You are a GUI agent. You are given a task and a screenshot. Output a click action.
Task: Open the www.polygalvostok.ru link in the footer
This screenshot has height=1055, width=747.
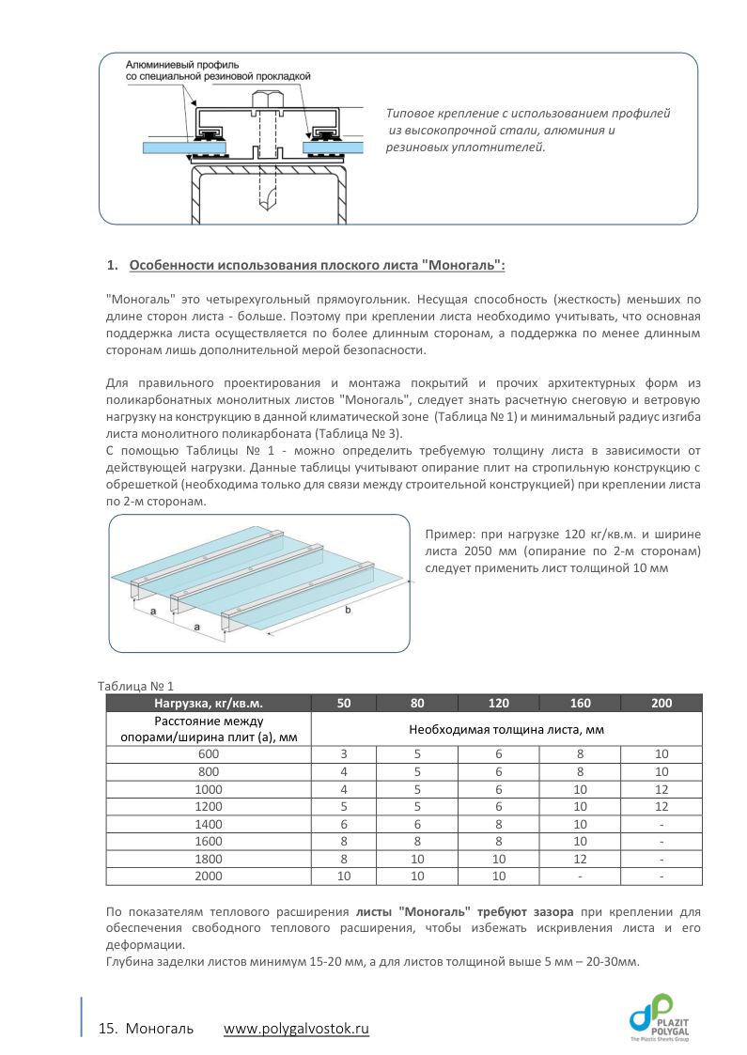pyautogui.click(x=296, y=1029)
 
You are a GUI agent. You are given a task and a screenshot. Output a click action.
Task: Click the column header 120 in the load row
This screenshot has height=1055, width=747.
pyautogui.click(x=499, y=703)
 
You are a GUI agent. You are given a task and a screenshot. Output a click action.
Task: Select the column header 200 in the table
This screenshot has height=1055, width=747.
pyautogui.click(x=661, y=703)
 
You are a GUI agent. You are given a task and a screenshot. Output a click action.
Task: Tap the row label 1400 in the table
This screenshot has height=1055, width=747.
pyautogui.click(x=208, y=826)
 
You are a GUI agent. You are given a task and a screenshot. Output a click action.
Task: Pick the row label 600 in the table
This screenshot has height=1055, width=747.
pyautogui.click(x=208, y=754)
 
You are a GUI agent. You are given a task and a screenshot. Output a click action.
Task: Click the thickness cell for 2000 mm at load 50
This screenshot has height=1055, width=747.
pyautogui.click(x=344, y=877)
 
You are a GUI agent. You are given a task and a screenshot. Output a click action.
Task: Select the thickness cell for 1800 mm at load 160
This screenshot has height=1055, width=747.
pyautogui.click(x=580, y=859)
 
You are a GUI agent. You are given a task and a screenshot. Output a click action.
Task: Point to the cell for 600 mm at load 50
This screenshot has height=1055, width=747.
pyautogui.click(x=344, y=754)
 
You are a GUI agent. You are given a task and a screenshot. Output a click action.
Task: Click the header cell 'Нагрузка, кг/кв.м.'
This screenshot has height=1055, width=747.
pyautogui.click(x=208, y=703)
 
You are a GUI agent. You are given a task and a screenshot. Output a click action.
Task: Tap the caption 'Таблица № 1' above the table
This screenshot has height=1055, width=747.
pyautogui.click(x=136, y=685)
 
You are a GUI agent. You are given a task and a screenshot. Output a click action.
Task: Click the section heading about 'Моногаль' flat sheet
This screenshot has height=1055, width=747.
pyautogui.click(x=317, y=266)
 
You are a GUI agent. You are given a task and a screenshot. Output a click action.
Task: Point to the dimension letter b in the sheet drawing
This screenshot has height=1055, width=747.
pyautogui.click(x=349, y=611)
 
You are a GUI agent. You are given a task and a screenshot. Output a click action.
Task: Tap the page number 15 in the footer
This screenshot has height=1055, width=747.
pyautogui.click(x=106, y=1029)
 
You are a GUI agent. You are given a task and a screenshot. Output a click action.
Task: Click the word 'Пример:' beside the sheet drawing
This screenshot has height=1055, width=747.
pyautogui.click(x=450, y=535)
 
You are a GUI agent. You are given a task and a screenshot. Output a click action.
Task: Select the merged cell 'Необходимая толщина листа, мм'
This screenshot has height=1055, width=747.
pyautogui.click(x=506, y=729)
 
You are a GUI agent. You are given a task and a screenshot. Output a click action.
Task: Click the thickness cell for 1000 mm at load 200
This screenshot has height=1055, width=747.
pyautogui.click(x=661, y=790)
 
